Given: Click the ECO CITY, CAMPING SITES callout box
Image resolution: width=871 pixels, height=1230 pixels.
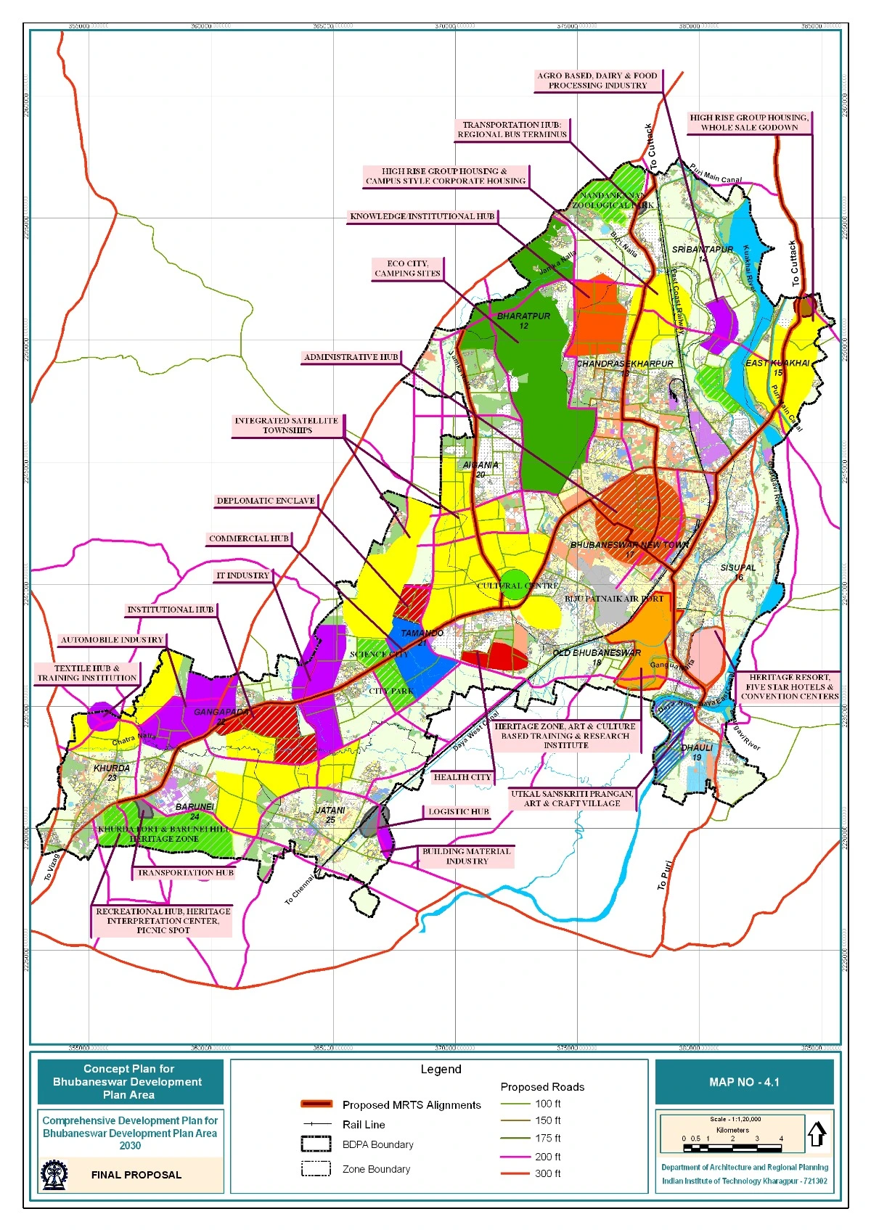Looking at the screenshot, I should (407, 268).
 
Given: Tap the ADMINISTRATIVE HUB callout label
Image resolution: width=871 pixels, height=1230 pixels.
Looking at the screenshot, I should (351, 357).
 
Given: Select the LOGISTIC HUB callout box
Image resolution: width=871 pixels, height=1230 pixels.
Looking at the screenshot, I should (458, 812).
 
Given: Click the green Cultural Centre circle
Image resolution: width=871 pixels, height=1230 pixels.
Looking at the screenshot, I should (515, 585).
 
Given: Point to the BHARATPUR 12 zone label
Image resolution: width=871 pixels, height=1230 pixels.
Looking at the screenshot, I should (523, 321).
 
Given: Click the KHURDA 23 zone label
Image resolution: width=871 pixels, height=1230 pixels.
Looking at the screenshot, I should (112, 773).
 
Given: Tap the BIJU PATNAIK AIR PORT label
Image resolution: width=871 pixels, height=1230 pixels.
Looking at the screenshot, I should (614, 599).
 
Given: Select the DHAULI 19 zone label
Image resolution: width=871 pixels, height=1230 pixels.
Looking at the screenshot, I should (696, 752).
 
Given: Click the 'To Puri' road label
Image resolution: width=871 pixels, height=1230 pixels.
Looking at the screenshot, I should (665, 875).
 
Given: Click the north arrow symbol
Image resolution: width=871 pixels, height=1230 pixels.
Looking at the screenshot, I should (817, 1133).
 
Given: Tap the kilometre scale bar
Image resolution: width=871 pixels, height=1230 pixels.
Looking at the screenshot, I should (732, 1148).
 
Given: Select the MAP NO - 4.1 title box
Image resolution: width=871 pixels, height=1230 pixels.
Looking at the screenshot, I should (744, 1082).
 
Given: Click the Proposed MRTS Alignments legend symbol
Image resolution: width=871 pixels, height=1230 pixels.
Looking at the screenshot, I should (316, 1104).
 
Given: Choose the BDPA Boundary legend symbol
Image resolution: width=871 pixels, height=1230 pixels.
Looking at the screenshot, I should (316, 1144).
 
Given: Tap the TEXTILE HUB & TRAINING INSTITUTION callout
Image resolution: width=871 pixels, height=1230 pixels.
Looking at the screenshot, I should (87, 673).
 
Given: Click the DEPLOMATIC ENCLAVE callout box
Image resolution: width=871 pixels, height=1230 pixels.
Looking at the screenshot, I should (266, 501).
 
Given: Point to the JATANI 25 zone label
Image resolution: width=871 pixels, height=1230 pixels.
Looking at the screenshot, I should (330, 814).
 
